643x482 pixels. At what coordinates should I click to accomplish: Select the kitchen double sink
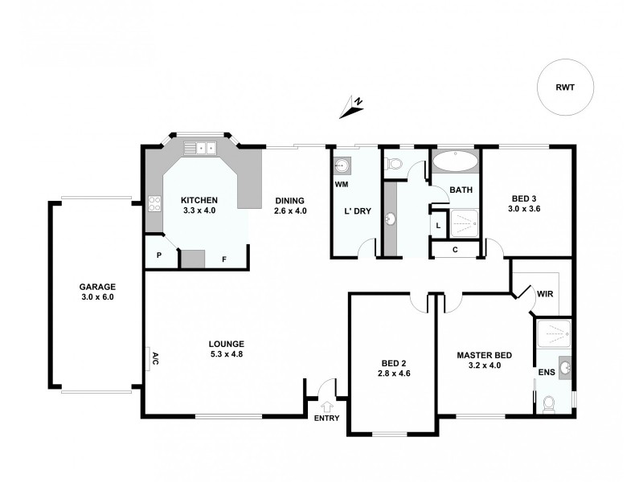[x=199, y=148]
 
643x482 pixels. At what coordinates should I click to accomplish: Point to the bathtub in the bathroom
[x=456, y=161]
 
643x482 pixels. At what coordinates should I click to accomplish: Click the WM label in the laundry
[x=340, y=184]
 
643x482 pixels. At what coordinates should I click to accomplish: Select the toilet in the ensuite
[x=548, y=404]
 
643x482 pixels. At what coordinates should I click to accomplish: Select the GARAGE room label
[x=97, y=287]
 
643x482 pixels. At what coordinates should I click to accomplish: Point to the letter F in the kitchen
[x=224, y=259]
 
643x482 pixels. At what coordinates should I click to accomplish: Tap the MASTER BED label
[x=485, y=354]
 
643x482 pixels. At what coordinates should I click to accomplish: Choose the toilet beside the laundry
[x=393, y=165]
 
